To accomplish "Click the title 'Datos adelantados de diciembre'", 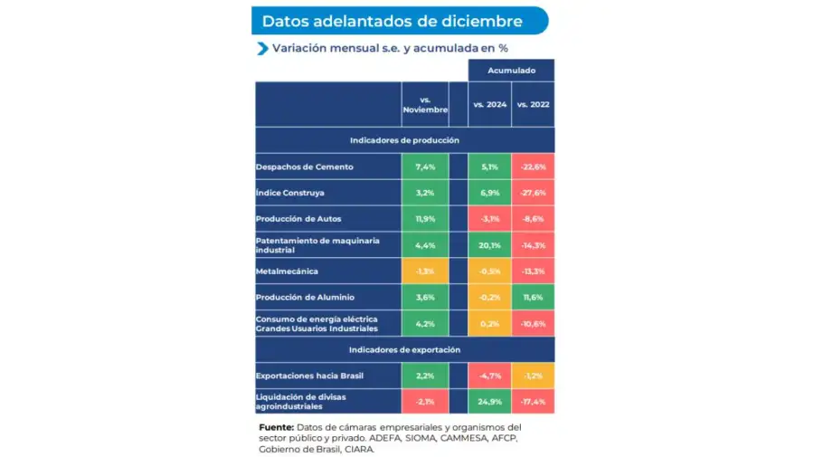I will pyautogui.click(x=392, y=21).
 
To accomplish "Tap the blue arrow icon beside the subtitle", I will pyautogui.click(x=262, y=49).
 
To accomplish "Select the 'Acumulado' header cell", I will pyautogui.click(x=511, y=70).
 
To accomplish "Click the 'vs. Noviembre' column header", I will pyautogui.click(x=424, y=104).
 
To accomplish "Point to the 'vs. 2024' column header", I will pyautogui.click(x=489, y=104).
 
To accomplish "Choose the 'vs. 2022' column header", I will pyautogui.click(x=533, y=104).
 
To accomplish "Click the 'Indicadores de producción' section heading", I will pyautogui.click(x=404, y=140).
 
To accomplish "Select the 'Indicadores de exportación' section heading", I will pyautogui.click(x=404, y=349).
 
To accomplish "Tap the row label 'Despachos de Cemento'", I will pyautogui.click(x=304, y=167).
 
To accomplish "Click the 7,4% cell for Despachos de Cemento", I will pyautogui.click(x=425, y=167).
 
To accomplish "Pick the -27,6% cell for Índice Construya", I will pyautogui.click(x=533, y=193).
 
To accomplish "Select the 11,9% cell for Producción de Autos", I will pyautogui.click(x=425, y=219).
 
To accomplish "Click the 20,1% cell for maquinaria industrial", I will pyautogui.click(x=489, y=244).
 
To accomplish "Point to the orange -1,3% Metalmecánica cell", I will pyautogui.click(x=425, y=271).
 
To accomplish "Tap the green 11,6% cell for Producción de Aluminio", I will pyautogui.click(x=533, y=297).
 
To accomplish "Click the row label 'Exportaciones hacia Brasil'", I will pyautogui.click(x=311, y=376).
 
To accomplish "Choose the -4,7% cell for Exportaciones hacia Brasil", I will pyautogui.click(x=489, y=376).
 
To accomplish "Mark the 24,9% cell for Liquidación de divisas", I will pyautogui.click(x=489, y=401).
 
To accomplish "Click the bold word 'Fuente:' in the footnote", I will pyautogui.click(x=276, y=426).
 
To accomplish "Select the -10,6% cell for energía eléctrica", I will pyautogui.click(x=533, y=323).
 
